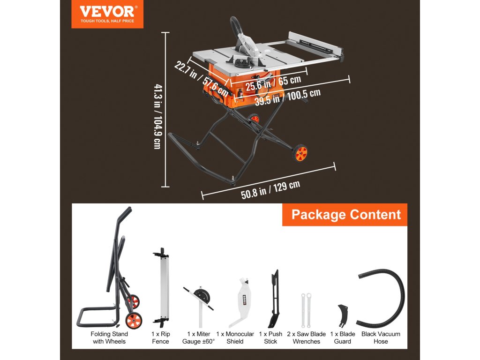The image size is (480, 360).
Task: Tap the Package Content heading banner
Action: [346, 215]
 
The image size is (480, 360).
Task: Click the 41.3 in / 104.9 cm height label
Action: [157, 117]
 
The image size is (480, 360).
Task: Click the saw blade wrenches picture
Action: [306, 309]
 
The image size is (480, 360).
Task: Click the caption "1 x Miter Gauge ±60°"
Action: [198, 337]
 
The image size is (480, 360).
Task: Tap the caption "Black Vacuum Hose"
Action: [381, 337]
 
